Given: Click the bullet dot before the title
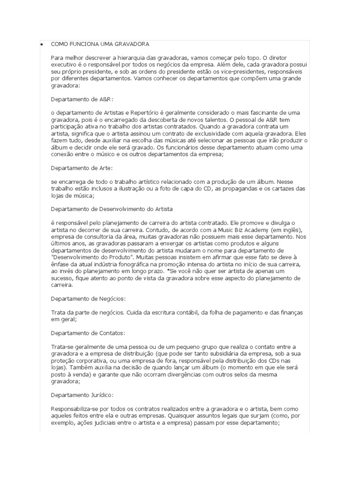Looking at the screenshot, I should click(42, 44).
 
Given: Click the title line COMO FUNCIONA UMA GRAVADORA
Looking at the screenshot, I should click(100, 44).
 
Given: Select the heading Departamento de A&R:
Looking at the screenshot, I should click(82, 99).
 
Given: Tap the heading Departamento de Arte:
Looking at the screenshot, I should click(82, 167).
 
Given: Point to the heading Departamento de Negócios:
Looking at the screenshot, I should click(88, 298).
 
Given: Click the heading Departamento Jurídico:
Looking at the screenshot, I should click(82, 395).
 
